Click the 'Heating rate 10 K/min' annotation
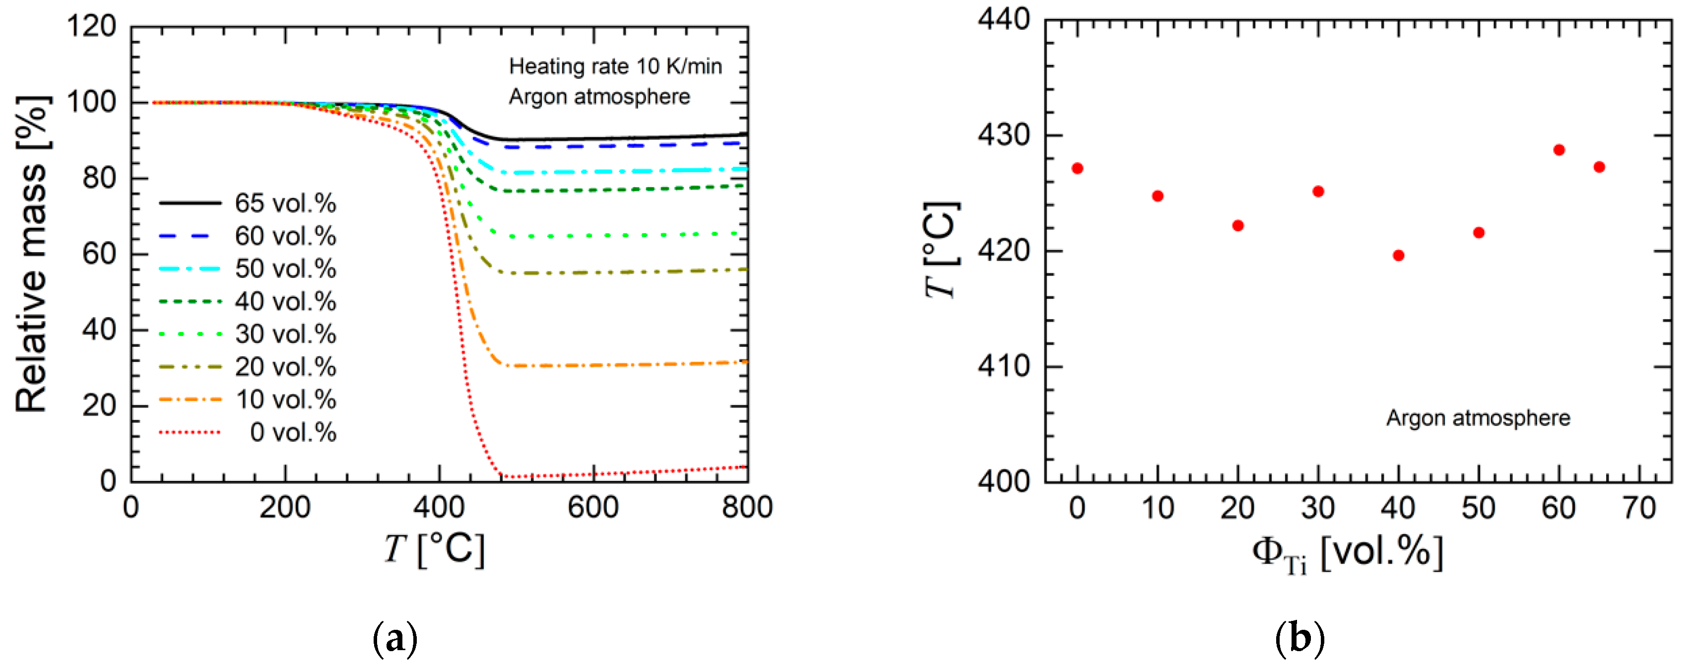615,67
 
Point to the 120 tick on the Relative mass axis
91,26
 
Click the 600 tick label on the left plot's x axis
593,507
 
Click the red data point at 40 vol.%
1398,255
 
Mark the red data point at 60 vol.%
1559,150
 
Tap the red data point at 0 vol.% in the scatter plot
1077,169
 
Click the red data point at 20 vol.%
1238,226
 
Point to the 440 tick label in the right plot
1004,20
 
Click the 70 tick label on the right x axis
1639,508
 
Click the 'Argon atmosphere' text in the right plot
1478,418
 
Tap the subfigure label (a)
395,638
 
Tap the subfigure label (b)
1299,638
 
